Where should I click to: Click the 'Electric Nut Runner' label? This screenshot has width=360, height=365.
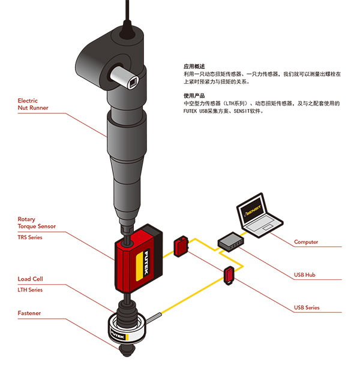[33, 104]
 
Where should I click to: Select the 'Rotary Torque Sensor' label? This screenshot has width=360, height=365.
[35, 223]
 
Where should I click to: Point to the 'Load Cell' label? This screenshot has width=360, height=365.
[31, 279]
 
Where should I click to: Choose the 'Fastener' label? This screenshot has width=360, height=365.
[30, 313]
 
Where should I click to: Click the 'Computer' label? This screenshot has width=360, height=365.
[306, 242]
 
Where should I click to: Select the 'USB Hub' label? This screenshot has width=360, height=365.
[305, 275]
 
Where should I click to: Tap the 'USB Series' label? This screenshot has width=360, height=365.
[307, 308]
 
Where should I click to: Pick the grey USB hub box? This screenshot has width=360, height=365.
[229, 241]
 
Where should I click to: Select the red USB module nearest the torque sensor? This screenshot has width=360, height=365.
[181, 246]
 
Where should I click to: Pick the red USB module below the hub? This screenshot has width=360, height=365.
[230, 276]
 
